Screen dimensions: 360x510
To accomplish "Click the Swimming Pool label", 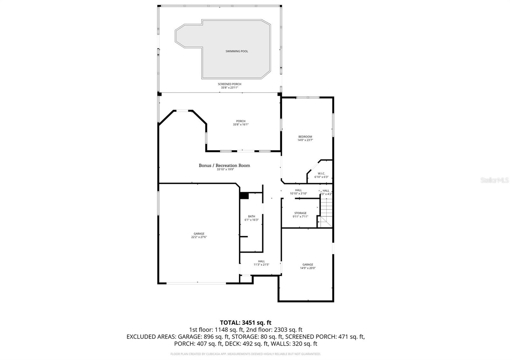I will [237, 51].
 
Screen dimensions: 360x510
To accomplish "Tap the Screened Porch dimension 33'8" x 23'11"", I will [229, 88].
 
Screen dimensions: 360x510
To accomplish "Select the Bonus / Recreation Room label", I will [224, 165].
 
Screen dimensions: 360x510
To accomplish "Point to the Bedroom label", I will [305, 137].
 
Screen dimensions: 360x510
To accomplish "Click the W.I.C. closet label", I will [321, 174].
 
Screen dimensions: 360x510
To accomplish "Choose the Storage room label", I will [300, 213].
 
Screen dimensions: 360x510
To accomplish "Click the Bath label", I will [251, 216].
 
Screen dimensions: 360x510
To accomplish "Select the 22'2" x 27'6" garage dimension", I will [199, 237].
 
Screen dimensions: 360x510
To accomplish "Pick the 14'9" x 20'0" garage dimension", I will [308, 268].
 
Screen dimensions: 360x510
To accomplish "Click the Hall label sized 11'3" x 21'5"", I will [261, 261].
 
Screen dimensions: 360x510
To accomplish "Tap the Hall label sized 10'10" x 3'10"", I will [298, 190].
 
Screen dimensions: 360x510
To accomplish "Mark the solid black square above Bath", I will [244, 196].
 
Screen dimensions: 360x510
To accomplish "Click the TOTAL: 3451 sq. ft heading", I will [245, 323].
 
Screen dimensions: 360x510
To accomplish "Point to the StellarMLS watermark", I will [495, 180].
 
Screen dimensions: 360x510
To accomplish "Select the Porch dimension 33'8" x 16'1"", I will [241, 125].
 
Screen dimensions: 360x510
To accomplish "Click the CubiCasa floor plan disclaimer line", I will [245, 354].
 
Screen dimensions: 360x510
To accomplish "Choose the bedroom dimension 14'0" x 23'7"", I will [305, 140].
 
